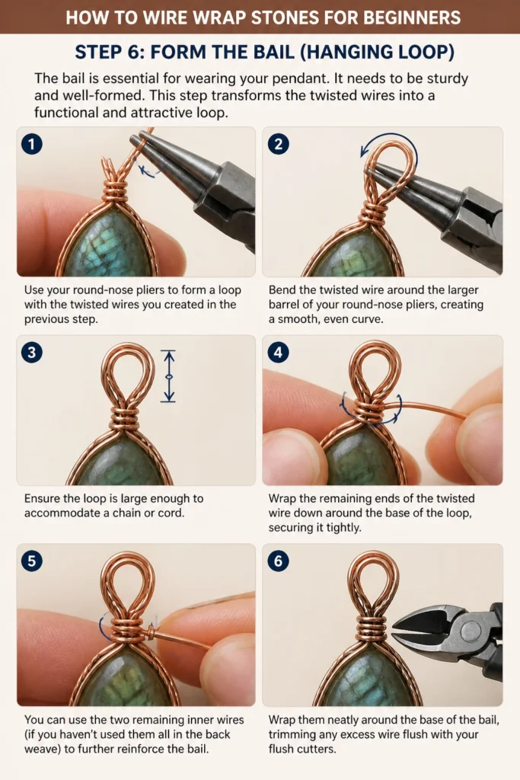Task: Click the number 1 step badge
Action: click(x=32, y=144)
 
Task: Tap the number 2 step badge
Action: click(x=278, y=144)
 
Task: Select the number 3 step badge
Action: click(x=32, y=353)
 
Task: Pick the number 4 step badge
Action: click(x=278, y=353)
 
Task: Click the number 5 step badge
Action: click(x=32, y=561)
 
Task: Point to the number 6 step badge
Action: click(x=278, y=561)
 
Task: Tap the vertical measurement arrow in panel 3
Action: click(x=169, y=376)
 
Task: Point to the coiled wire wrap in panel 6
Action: click(x=373, y=628)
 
